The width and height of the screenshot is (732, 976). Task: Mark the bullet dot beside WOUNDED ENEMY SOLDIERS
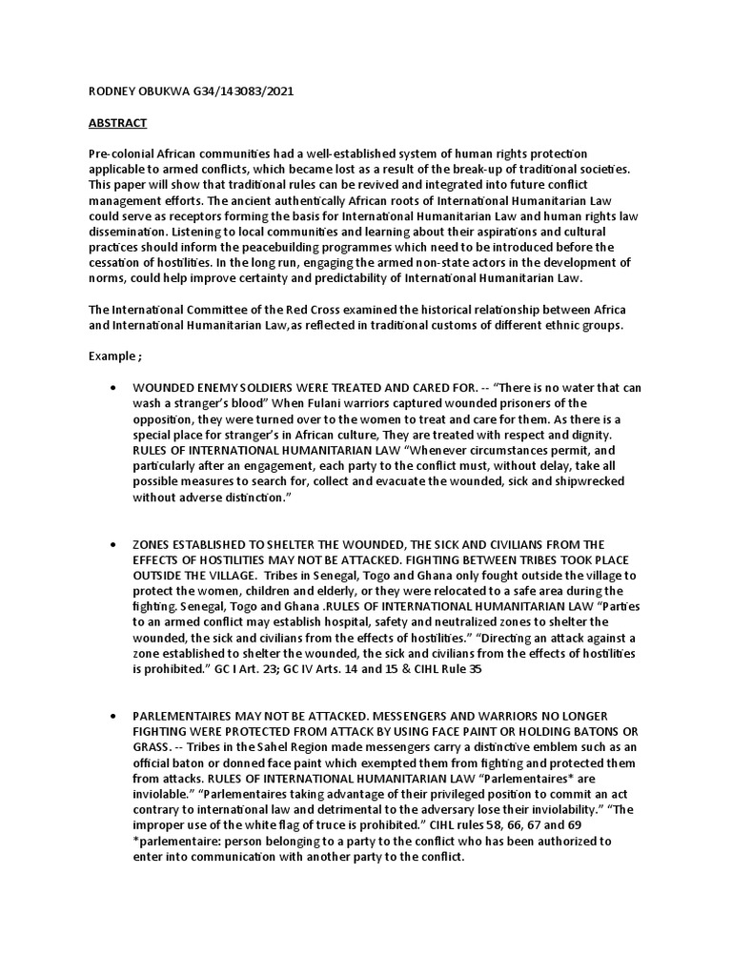tap(114, 389)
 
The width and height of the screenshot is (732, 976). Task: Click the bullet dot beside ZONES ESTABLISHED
tap(114, 546)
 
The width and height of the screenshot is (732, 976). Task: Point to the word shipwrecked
tap(584, 481)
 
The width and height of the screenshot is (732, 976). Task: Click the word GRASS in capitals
tap(154, 749)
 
